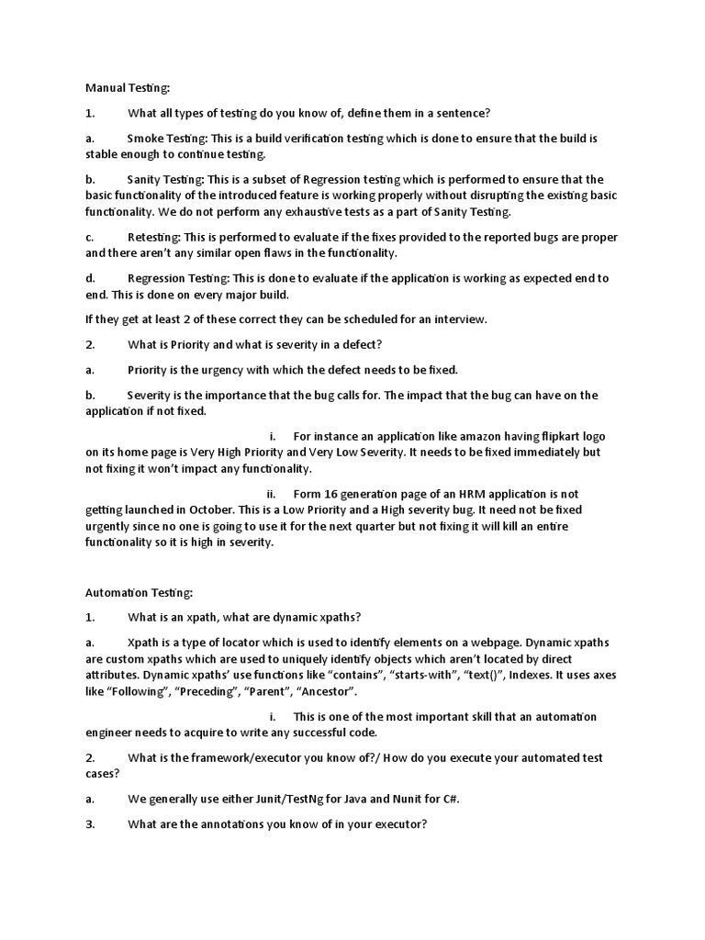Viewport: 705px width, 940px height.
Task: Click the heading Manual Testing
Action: (x=129, y=88)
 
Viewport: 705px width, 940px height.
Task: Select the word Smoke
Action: (x=145, y=139)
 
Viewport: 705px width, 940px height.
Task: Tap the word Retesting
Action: (x=154, y=237)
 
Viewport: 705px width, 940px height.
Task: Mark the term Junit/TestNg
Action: (x=281, y=799)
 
